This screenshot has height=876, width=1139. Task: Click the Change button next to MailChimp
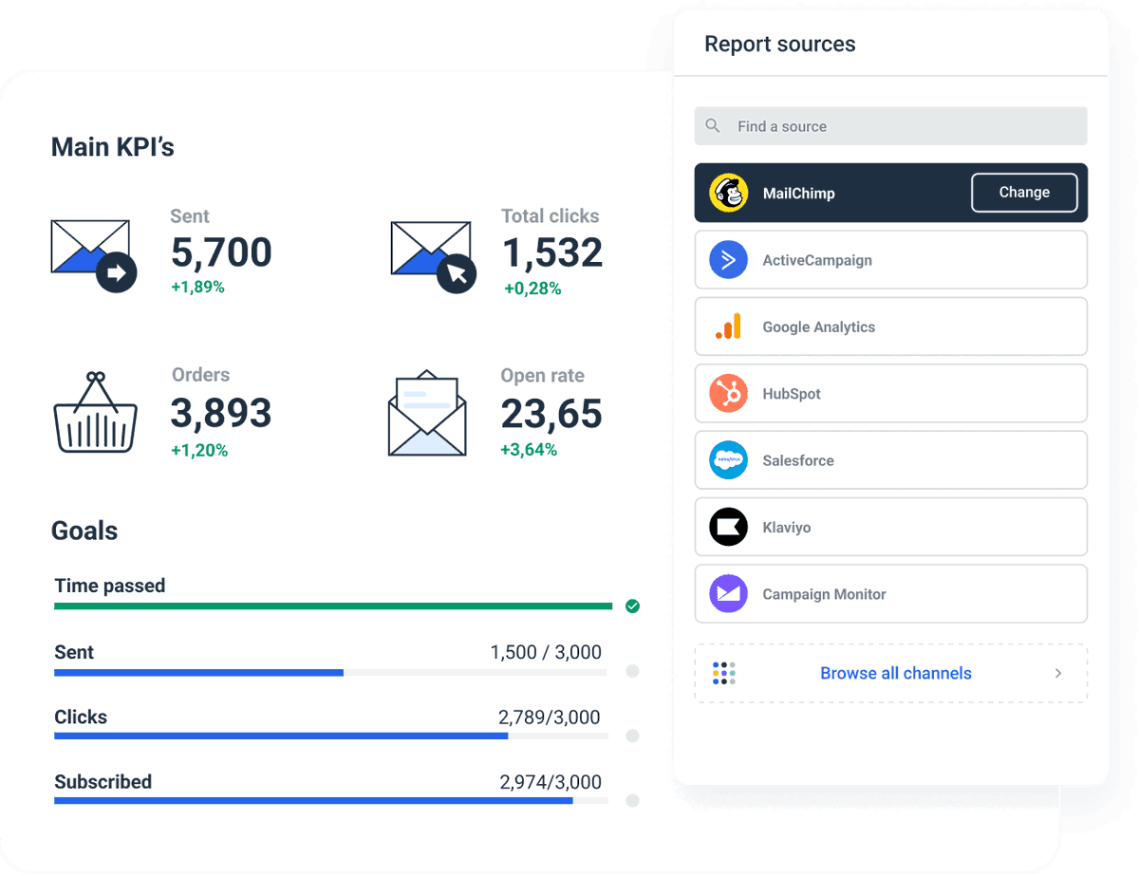[1024, 193]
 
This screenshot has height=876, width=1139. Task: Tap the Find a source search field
[890, 126]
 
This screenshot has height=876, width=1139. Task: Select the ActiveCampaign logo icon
[728, 260]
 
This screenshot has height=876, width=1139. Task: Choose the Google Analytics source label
[818, 327]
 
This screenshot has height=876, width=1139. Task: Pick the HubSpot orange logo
[728, 394]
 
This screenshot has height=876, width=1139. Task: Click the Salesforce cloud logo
[728, 460]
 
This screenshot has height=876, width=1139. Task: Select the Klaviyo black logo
[728, 527]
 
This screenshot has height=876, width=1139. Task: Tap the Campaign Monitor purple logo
[728, 594]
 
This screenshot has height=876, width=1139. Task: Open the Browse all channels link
[895, 674]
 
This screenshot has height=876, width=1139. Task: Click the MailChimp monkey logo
[728, 193]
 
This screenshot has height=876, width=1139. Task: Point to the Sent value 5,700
[221, 252]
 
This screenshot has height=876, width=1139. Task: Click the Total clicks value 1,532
[551, 252]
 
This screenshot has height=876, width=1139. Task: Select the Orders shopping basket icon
[95, 413]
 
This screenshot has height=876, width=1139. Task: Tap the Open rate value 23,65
[551, 414]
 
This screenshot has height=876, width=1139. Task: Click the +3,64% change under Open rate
[529, 450]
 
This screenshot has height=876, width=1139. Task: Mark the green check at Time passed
[632, 606]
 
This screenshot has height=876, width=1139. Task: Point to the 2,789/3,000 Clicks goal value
[550, 718]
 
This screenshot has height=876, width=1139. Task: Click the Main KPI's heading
[112, 147]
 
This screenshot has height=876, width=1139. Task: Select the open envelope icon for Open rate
[427, 414]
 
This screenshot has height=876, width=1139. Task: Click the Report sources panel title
[779, 45]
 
